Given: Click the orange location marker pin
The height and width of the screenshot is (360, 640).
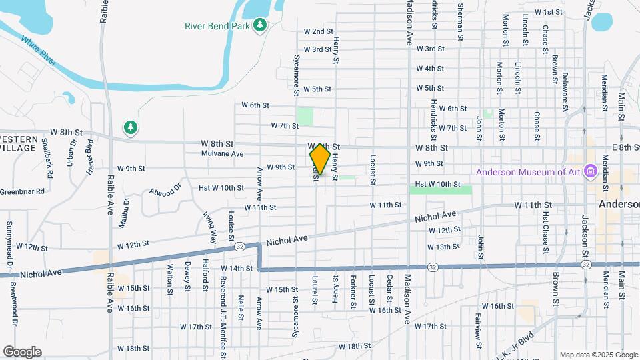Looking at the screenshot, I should coord(320,159).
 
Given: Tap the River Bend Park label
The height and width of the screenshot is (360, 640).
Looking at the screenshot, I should coord(217,26).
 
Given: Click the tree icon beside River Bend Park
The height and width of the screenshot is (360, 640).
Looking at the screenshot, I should coord(260,26).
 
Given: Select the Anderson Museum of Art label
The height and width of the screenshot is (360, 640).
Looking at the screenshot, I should coord(528,172).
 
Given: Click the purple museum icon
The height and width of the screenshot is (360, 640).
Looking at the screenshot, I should coord(589,172).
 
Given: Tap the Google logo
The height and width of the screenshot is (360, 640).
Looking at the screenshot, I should coord(22,351).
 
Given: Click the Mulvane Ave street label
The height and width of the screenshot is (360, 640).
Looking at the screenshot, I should coord(223,153).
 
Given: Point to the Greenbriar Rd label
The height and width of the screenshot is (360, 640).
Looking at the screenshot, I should coord(22,191).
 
